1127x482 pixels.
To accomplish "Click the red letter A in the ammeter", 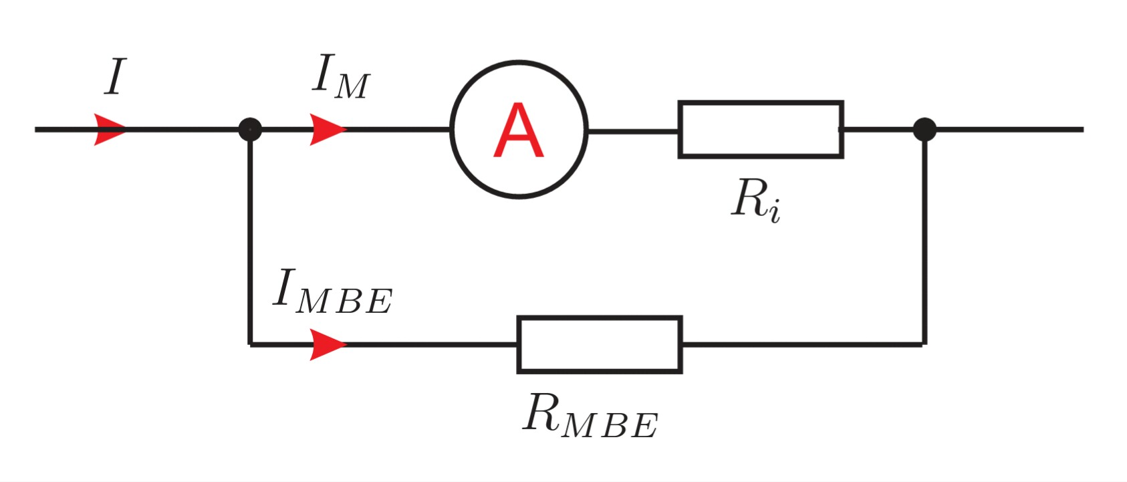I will [x=519, y=131].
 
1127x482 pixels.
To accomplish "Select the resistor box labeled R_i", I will [x=761, y=130].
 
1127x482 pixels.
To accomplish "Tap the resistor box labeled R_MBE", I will [x=600, y=345].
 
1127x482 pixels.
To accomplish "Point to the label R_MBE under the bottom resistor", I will [x=590, y=417].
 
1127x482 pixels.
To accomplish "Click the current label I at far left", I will [x=114, y=78].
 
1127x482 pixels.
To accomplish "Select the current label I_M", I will [x=340, y=79].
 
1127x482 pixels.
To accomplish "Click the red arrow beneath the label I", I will [x=109, y=130].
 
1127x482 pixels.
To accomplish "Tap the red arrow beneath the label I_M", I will [x=327, y=130].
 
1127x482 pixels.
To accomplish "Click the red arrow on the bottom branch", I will [x=327, y=345].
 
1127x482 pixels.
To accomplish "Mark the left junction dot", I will [x=250, y=129].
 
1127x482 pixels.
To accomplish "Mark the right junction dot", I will [x=924, y=129].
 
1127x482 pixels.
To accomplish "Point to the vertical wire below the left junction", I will [x=250, y=234].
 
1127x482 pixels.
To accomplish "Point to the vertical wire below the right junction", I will [x=924, y=234].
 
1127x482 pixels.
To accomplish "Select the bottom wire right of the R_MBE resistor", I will [x=802, y=345].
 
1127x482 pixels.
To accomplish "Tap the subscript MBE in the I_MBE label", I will [x=344, y=302].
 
